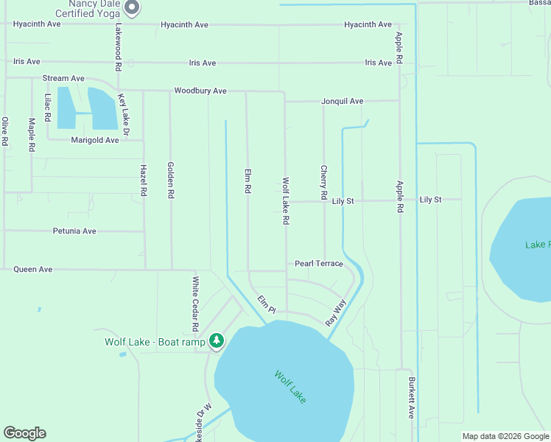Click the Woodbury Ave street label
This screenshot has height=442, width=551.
tap(200, 91)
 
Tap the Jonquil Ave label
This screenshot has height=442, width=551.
tap(343, 102)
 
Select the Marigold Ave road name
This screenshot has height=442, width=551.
tap(95, 140)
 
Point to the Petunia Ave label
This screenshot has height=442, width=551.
tap(74, 231)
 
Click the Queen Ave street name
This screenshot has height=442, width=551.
tap(33, 270)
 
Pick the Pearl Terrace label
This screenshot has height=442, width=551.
tap(319, 264)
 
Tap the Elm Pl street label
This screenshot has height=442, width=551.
tap(266, 305)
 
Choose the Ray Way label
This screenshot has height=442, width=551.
tap(336, 313)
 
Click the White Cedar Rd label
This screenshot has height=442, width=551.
tap(196, 304)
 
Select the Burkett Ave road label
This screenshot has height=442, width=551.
tap(412, 399)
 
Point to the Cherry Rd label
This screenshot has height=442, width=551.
tap(323, 183)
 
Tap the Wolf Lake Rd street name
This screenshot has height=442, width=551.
tap(285, 200)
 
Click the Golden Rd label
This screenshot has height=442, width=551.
tap(171, 180)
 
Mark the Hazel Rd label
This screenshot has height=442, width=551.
tap(143, 180)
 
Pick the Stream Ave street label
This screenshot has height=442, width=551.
tap(63, 78)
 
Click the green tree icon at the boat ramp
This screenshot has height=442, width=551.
tap(216, 340)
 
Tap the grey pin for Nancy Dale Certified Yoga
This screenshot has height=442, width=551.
tap(132, 8)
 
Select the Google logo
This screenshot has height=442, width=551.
tap(24, 434)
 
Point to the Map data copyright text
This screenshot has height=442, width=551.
tap(505, 436)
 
